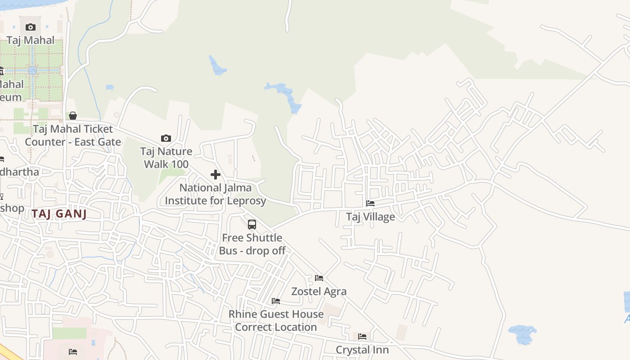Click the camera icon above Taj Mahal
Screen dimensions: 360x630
31,27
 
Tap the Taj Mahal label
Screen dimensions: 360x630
31,40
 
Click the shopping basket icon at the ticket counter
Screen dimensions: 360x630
73,116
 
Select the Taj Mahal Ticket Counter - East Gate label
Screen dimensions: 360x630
73,135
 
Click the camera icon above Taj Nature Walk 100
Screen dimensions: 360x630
166,139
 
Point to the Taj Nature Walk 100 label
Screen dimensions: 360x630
166,157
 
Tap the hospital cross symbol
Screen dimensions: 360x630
216,175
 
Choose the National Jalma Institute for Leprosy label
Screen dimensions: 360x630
216,194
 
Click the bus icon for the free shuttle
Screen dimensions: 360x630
252,224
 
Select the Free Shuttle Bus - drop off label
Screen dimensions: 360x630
252,244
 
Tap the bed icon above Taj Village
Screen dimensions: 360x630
370,203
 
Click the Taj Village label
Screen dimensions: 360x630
370,216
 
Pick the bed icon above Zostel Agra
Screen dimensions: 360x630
319,278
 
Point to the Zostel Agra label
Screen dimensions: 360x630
319,291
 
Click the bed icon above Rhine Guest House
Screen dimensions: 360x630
276,301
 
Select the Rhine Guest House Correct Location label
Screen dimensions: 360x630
276,320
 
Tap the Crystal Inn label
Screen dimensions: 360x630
362,350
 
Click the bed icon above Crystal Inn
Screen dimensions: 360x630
362,337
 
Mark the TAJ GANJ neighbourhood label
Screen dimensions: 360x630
59,214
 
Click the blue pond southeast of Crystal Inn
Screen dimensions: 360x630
522,334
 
